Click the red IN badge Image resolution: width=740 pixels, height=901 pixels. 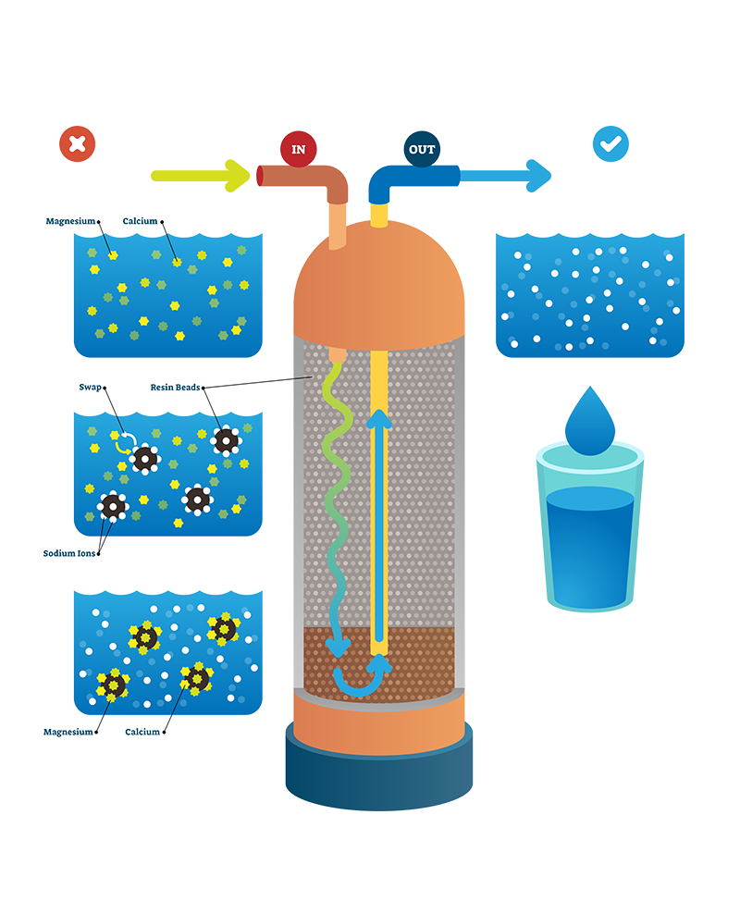pos(299,149)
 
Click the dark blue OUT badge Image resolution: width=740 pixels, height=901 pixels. pos(421,149)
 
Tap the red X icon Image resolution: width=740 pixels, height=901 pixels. pos(78,144)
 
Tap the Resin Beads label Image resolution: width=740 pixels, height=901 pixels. pos(176,387)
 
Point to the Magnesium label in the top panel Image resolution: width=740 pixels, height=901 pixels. pos(72,222)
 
